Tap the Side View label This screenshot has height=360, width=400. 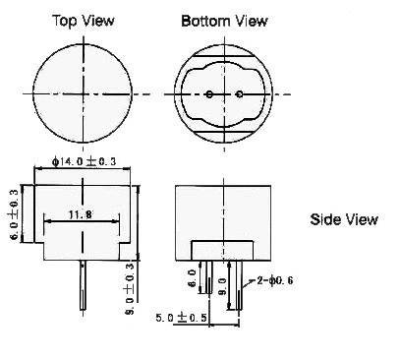343,219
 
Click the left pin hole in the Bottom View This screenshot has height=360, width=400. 212,94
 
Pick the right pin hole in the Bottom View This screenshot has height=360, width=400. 239,94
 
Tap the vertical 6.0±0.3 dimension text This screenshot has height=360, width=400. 14,211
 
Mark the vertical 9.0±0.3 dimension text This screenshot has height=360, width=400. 131,286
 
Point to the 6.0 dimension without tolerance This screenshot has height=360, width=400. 194,279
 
